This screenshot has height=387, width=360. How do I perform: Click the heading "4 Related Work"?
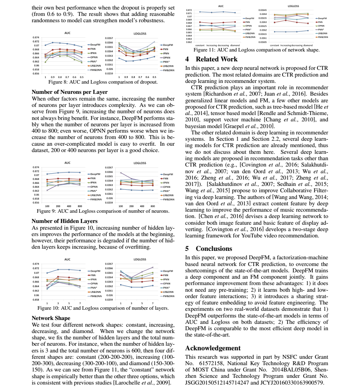pos(211,59)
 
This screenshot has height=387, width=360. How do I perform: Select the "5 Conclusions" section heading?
pos(209,248)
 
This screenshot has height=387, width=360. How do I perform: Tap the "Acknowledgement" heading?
pos(213,348)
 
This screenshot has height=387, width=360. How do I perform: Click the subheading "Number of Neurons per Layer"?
pos(70,92)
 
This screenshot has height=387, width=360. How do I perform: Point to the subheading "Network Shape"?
pos(51,318)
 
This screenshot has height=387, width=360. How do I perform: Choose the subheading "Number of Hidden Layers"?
pos(65,221)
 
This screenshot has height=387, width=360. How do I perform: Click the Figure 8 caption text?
pos(103,82)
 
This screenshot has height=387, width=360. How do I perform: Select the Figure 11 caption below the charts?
pos(257,50)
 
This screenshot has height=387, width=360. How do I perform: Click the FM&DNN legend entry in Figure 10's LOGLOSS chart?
pos(168,296)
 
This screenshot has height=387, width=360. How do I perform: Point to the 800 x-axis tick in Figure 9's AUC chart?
pos(80,206)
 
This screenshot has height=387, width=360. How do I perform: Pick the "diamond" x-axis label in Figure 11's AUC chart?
pos(235,45)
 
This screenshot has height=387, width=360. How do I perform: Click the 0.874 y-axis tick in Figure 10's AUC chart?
pos(36,264)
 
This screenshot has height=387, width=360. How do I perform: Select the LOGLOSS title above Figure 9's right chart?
pos(140,163)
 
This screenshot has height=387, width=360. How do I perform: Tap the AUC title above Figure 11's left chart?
pos(221,6)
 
